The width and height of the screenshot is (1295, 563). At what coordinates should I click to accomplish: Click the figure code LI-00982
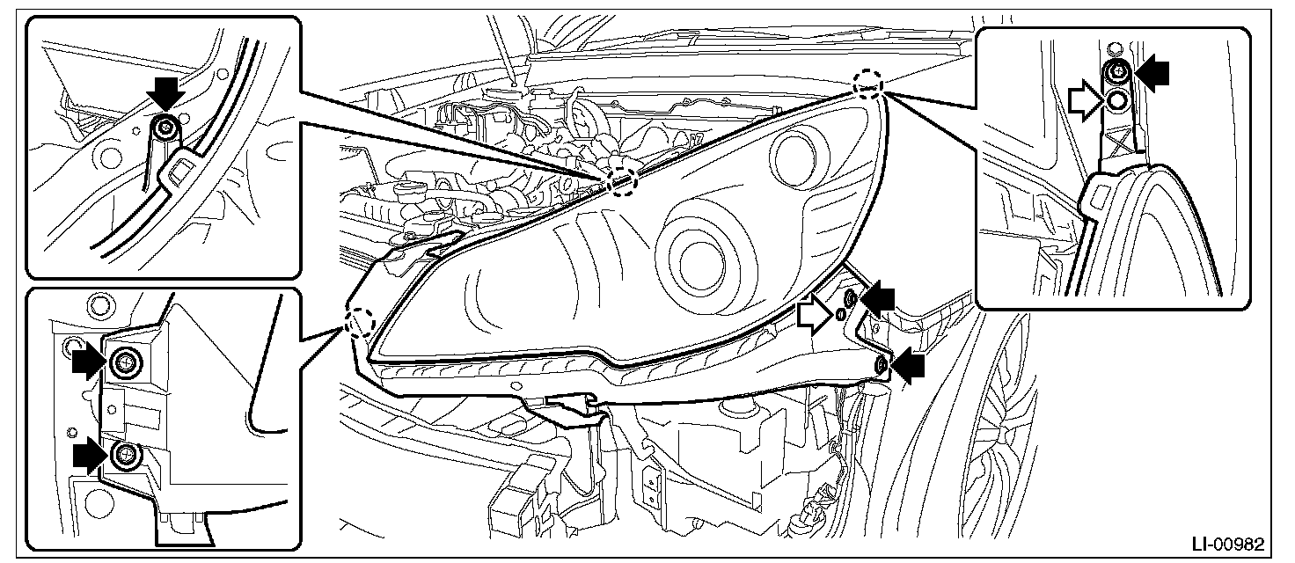tap(1241, 545)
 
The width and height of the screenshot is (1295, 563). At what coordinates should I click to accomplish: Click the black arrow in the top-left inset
tap(165, 91)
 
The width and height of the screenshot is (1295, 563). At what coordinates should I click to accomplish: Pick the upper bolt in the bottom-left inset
tap(126, 361)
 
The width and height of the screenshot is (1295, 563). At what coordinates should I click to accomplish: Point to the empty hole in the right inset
tap(1117, 100)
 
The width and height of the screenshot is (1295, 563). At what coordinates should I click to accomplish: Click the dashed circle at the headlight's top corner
tap(868, 83)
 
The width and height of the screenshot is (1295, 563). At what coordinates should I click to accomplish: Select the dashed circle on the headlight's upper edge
tap(621, 180)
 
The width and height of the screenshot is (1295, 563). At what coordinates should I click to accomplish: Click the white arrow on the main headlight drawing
tap(814, 314)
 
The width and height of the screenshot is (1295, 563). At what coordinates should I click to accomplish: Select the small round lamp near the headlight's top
tap(794, 155)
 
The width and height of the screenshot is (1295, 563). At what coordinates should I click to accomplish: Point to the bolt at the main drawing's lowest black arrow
tap(882, 365)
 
